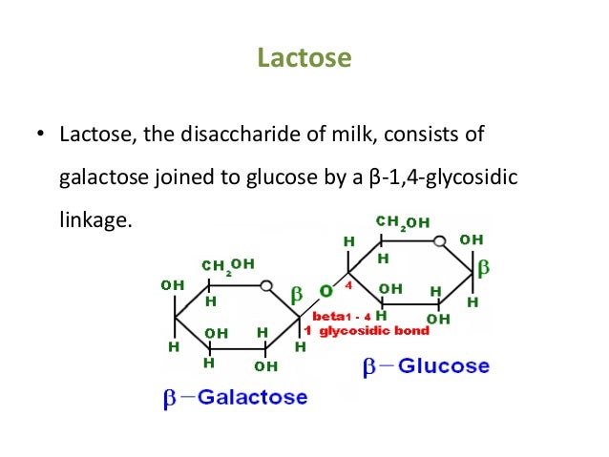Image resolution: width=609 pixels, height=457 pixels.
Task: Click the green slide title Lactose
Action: [304, 59]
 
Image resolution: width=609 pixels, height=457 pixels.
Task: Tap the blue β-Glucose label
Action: [426, 365]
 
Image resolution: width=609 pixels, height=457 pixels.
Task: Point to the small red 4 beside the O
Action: [349, 284]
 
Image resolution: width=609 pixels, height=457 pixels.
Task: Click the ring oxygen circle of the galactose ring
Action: [268, 285]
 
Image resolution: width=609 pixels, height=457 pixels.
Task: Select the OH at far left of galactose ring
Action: [172, 284]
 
